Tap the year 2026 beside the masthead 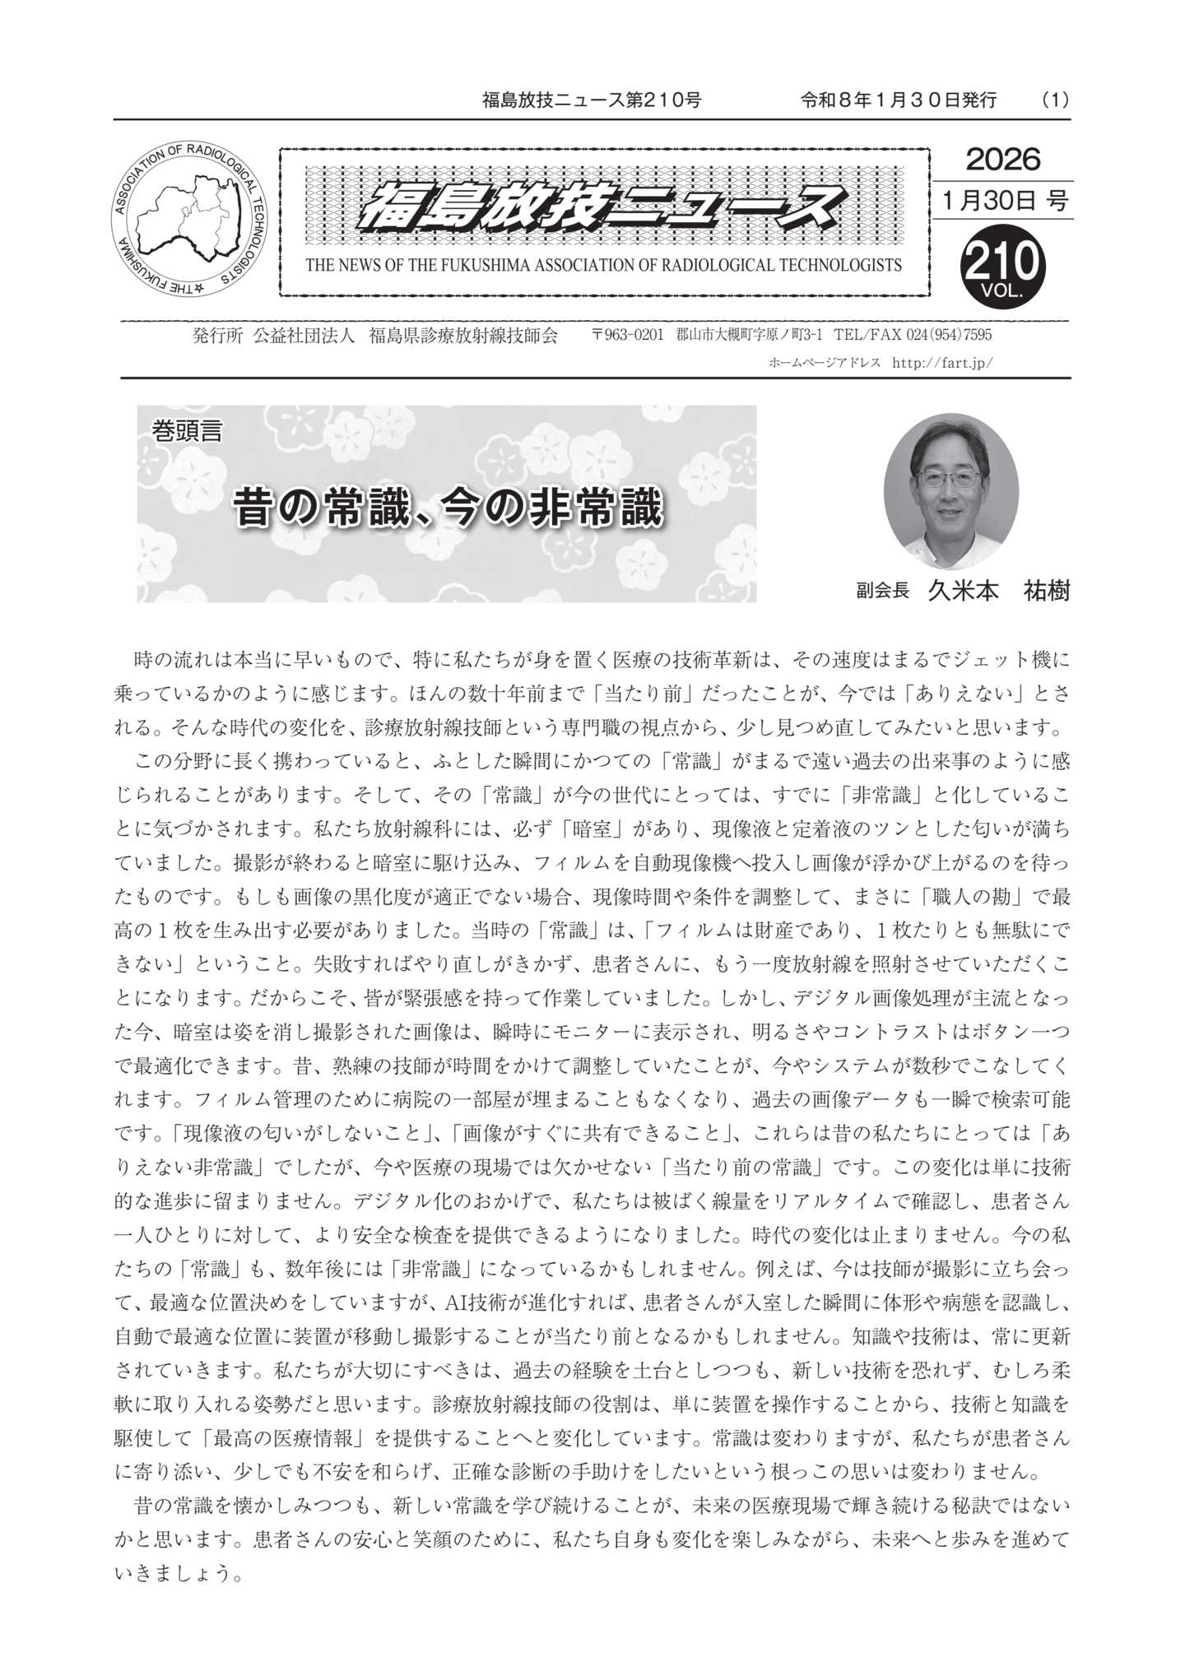pos(1002,159)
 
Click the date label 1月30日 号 pos(1001,200)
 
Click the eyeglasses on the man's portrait pos(950,478)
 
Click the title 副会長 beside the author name pos(881,591)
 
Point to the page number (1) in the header pos(1054,100)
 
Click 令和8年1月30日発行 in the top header pos(898,100)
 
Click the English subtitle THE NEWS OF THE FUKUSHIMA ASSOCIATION pos(603,265)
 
